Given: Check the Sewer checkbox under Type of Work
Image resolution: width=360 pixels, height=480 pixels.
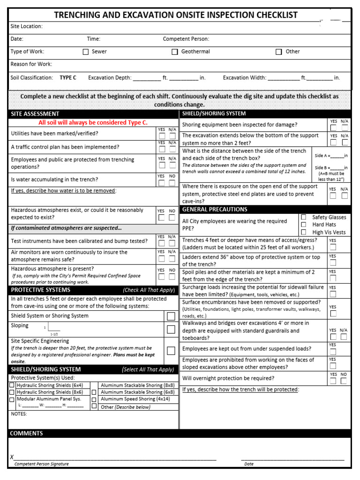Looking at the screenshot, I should [x=86, y=52].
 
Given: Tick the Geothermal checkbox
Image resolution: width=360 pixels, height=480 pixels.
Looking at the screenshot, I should [x=174, y=52].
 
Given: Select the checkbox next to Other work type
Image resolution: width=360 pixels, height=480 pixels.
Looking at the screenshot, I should [x=279, y=52].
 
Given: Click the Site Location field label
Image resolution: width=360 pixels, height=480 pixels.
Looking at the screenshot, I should [x=26, y=26].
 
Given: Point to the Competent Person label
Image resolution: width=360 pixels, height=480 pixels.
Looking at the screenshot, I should [x=186, y=39].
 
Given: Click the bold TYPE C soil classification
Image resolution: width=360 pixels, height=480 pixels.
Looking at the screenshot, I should [x=68, y=78].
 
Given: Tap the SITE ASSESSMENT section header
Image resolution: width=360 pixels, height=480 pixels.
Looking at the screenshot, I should [x=35, y=114].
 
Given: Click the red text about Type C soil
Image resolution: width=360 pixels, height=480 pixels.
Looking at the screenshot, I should [x=93, y=123].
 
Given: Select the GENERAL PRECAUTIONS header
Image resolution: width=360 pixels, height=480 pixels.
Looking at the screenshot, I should [x=215, y=209].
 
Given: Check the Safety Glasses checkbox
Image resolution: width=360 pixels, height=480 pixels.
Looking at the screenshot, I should [x=304, y=217].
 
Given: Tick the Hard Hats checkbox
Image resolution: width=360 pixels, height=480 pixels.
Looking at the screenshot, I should [x=304, y=225].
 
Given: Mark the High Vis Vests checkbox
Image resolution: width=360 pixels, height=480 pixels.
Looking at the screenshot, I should [x=304, y=232].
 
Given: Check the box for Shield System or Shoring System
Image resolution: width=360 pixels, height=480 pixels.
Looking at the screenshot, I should [x=171, y=316].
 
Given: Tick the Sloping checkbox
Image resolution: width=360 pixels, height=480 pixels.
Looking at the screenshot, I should [x=171, y=330].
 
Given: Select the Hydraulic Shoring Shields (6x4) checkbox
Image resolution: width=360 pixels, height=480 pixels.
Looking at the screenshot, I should [x=12, y=385].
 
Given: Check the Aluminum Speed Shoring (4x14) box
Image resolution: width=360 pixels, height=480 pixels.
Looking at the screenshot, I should [x=94, y=399].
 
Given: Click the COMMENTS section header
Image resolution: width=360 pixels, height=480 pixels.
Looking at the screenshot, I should [x=27, y=434].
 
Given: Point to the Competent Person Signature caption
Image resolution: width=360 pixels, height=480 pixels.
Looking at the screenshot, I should [x=41, y=464].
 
